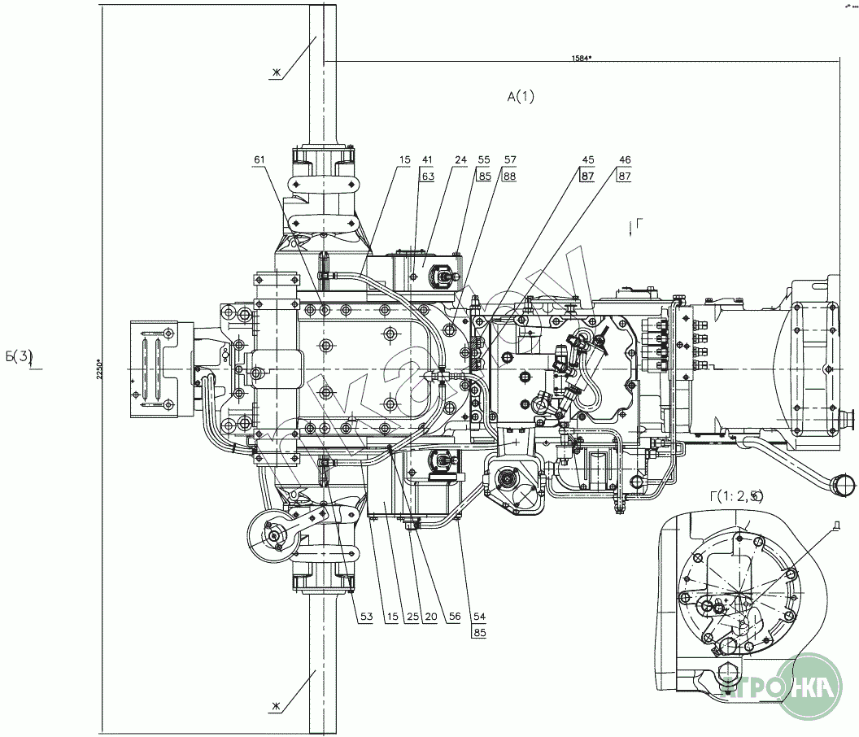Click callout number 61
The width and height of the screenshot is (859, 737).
pyautogui.click(x=259, y=159)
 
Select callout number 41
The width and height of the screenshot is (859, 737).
pyautogui.click(x=426, y=159)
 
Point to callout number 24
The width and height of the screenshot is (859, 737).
pyautogui.click(x=460, y=159)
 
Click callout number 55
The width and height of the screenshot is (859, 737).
pyautogui.click(x=484, y=159)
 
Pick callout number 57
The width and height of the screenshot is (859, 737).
pyautogui.click(x=509, y=159)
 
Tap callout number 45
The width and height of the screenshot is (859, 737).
pyautogui.click(x=587, y=159)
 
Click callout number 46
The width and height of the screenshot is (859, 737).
pyautogui.click(x=625, y=159)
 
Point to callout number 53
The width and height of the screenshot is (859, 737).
pyautogui.click(x=366, y=617)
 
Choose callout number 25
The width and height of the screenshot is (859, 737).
pyautogui.click(x=413, y=617)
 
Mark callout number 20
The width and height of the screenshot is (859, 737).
pyautogui.click(x=431, y=617)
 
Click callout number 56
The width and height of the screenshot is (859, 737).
pyautogui.click(x=454, y=617)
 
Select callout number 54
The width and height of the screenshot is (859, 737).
pyautogui.click(x=478, y=617)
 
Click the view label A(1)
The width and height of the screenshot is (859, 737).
pyautogui.click(x=521, y=97)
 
